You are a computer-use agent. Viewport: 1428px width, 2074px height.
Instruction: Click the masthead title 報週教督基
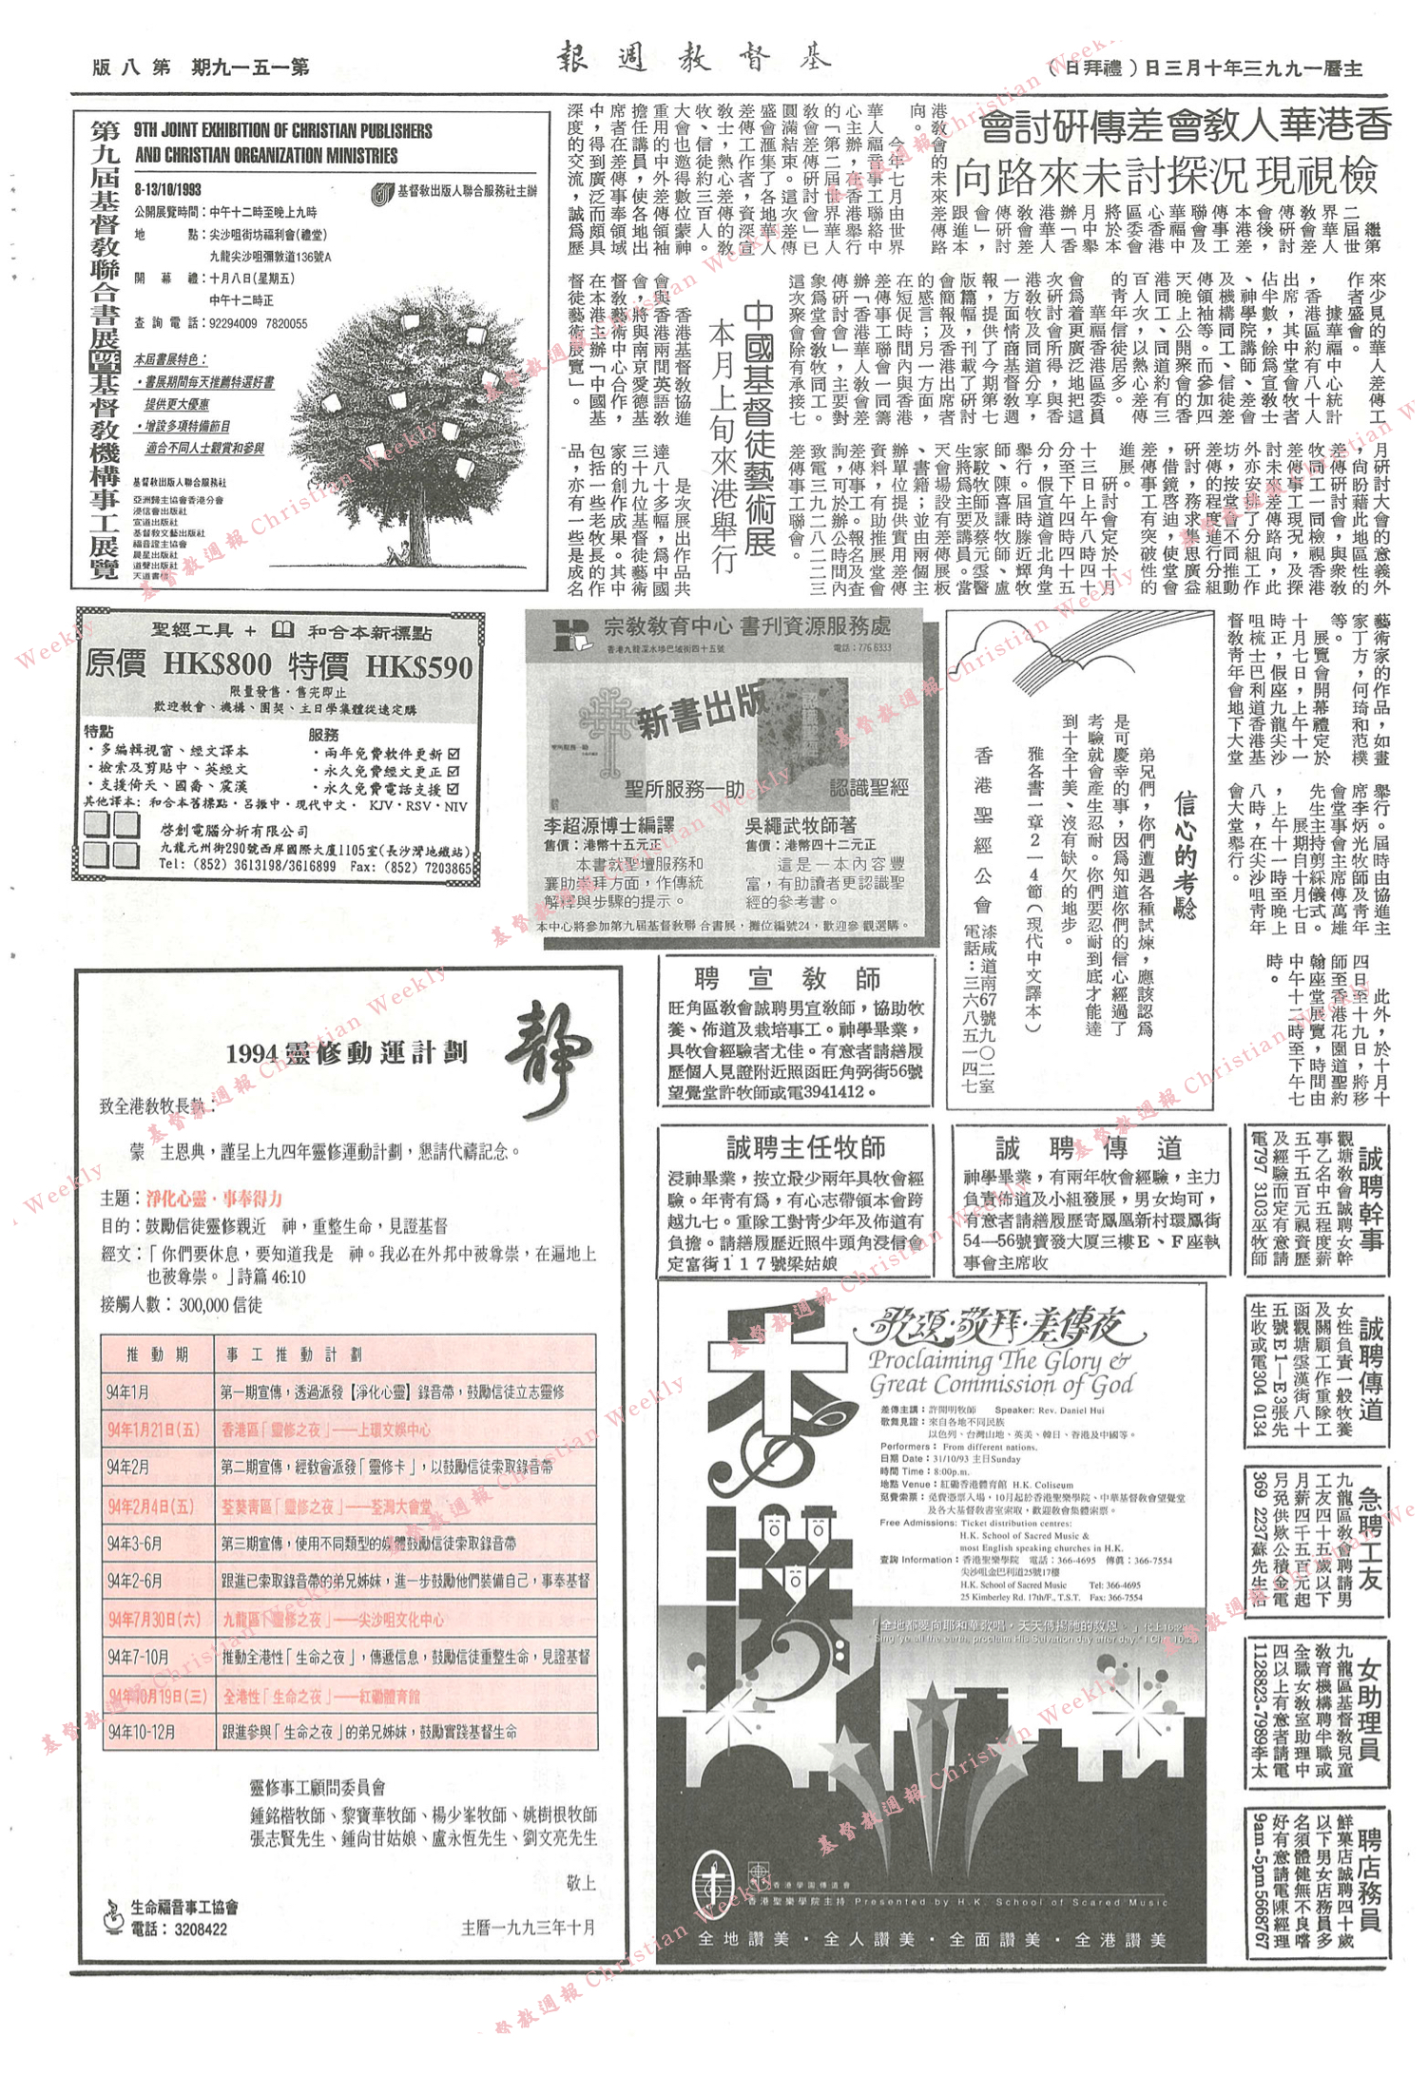click(x=693, y=59)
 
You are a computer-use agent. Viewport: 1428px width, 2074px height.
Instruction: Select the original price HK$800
click(x=217, y=664)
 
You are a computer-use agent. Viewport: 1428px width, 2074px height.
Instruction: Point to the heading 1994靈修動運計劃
click(x=346, y=1053)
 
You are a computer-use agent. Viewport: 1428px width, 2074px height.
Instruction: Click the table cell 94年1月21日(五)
click(x=153, y=1430)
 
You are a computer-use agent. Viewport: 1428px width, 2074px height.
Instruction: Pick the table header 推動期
click(x=157, y=1354)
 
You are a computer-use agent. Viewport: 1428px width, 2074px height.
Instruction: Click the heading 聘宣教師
click(x=787, y=978)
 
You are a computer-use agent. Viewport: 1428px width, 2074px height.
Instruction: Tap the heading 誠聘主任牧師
click(x=805, y=1148)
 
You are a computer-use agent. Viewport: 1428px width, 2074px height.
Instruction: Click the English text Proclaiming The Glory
click(x=998, y=1360)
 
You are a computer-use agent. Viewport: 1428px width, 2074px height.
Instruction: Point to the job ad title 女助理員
click(x=1369, y=1709)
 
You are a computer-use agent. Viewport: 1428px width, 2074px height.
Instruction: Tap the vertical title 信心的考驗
click(x=1185, y=855)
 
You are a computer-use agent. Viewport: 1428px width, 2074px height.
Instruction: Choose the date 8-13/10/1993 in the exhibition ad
click(x=167, y=189)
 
